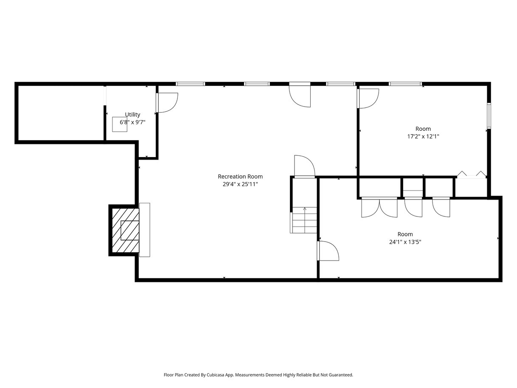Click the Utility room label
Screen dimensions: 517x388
click(132, 115)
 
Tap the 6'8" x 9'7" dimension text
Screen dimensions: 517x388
click(132, 122)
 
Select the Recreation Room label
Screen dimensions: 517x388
click(240, 177)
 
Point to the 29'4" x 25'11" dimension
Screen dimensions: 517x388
click(240, 184)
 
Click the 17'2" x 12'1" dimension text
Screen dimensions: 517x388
click(423, 136)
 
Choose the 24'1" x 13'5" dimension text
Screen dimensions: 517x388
click(405, 242)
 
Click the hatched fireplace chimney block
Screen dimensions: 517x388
click(125, 230)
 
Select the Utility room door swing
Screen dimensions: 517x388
click(167, 102)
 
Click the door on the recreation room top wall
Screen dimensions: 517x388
click(300, 95)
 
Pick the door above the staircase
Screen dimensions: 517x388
click(304, 166)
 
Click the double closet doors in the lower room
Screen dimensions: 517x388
click(379, 207)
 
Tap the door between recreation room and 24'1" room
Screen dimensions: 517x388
click(328, 250)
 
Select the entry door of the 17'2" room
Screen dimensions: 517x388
click(368, 98)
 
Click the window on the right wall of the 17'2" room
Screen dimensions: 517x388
click(489, 115)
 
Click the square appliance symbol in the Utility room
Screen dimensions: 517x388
click(120, 124)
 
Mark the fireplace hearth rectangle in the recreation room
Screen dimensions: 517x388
click(145, 230)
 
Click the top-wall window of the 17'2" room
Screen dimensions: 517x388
click(405, 84)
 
